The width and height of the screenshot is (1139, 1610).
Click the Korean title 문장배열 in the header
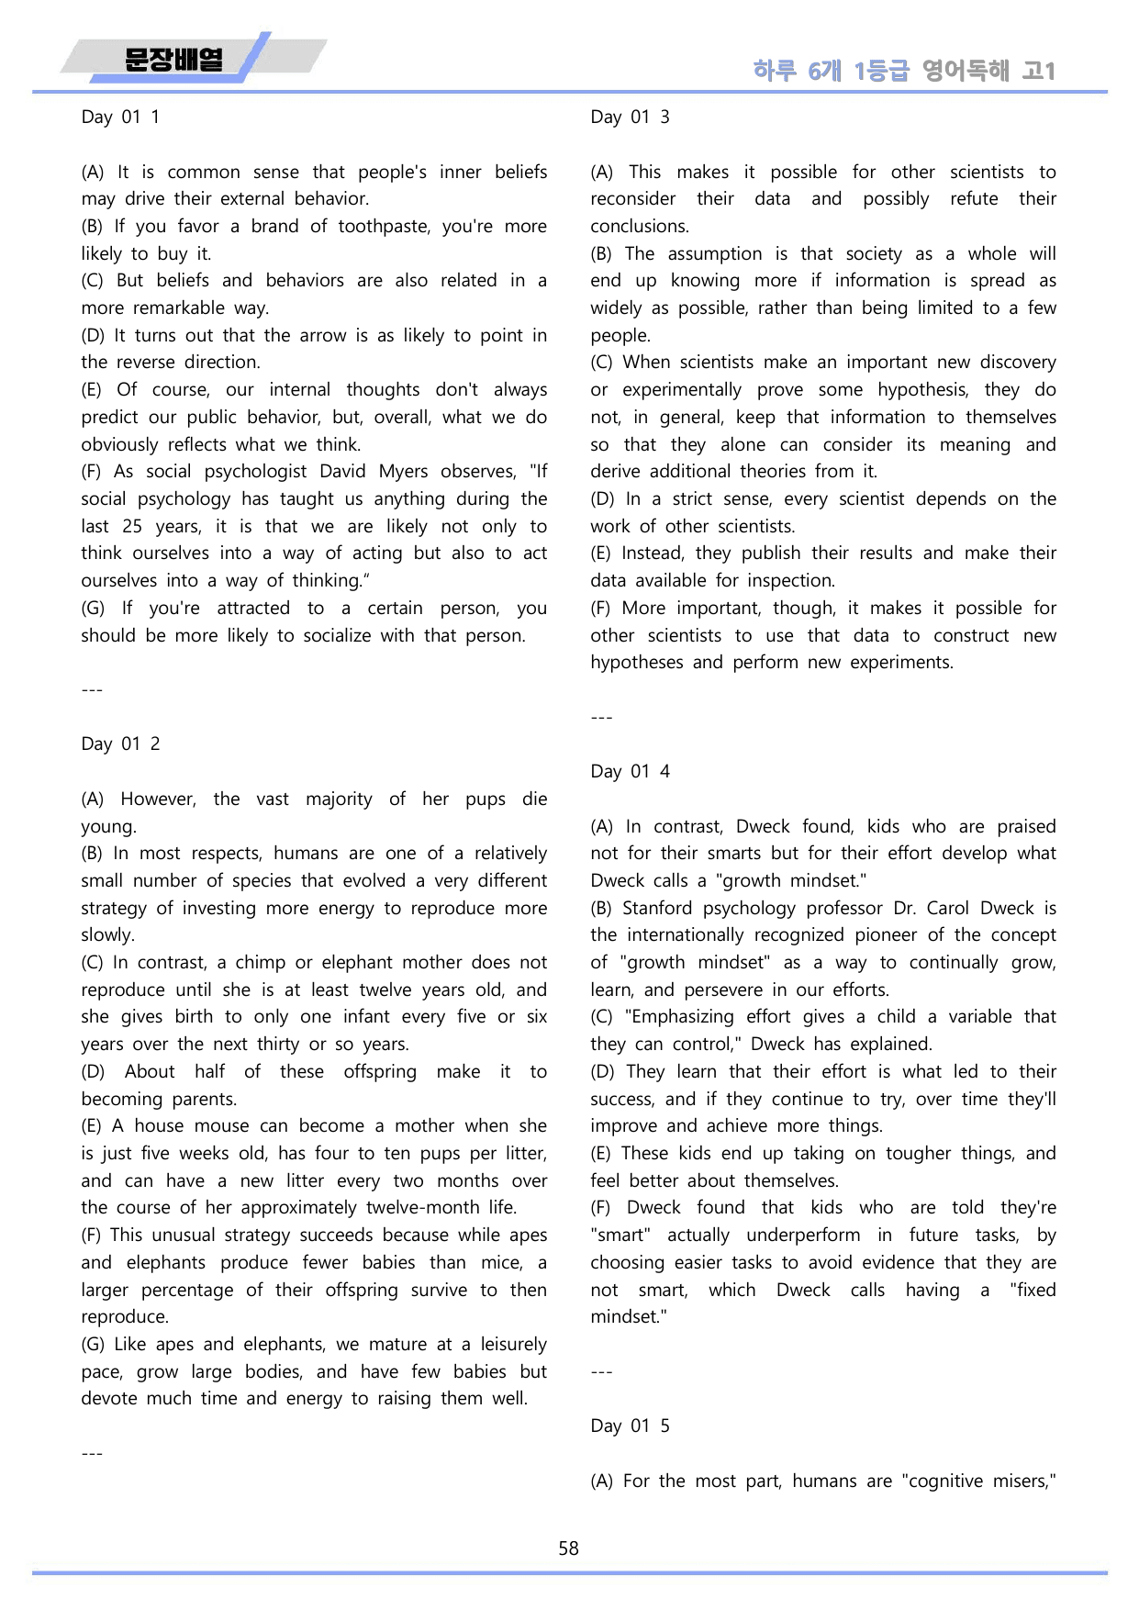point(173,61)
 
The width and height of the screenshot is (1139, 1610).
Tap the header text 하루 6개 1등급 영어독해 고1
point(903,71)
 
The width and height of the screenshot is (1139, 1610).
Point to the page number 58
point(569,1549)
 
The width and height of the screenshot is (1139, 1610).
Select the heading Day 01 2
point(120,744)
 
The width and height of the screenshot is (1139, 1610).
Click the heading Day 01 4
point(630,771)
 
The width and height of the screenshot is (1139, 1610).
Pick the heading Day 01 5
point(630,1426)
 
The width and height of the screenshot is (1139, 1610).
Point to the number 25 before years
point(132,526)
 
